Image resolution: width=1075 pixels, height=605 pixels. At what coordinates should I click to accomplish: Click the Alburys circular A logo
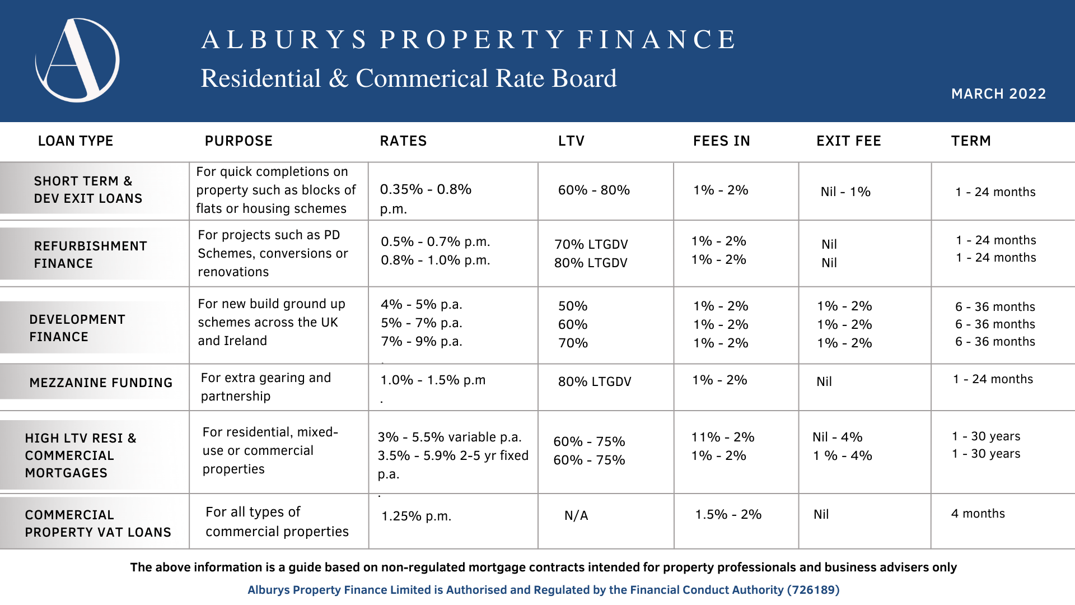(77, 61)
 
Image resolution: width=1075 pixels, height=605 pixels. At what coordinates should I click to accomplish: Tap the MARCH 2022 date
(998, 94)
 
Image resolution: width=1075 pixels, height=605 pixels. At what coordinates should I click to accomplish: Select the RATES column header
(403, 141)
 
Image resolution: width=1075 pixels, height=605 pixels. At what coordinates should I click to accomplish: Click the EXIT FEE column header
(848, 141)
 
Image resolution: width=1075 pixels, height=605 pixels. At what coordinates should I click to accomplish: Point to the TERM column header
(971, 141)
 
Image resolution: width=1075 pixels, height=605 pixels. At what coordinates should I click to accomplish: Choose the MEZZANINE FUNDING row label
(101, 383)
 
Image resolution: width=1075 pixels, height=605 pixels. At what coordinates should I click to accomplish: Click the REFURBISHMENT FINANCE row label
(90, 254)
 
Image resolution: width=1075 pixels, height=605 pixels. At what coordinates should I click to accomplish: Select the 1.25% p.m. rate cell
(416, 516)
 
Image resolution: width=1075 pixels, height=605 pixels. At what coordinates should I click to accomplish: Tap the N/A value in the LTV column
(576, 515)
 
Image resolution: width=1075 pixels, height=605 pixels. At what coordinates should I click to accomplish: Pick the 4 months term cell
(978, 514)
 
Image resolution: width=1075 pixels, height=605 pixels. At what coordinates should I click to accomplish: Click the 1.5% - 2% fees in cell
(728, 514)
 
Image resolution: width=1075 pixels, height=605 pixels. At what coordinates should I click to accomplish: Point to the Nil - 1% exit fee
(845, 192)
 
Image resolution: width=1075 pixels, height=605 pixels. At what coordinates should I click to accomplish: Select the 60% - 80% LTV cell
(593, 190)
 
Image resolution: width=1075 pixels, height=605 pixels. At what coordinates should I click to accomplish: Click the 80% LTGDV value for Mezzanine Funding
(594, 381)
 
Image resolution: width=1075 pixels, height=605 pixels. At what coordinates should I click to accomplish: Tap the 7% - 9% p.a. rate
(421, 341)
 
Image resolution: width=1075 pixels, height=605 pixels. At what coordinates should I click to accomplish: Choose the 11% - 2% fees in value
(722, 437)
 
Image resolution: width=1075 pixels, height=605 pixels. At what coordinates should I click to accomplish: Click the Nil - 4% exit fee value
(837, 437)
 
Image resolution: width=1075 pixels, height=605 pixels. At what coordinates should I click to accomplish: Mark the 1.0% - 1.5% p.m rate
(433, 380)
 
